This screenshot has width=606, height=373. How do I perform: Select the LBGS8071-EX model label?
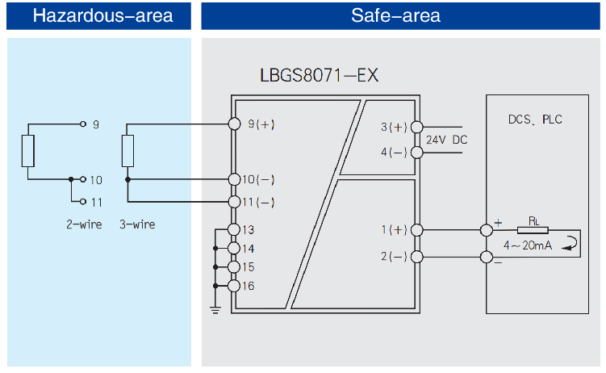click(x=319, y=76)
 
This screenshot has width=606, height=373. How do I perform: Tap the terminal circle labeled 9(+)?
click(x=235, y=124)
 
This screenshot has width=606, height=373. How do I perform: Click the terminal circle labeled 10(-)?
click(x=235, y=179)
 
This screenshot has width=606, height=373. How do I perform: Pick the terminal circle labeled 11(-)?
click(x=235, y=201)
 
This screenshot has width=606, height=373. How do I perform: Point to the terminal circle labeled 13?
click(x=235, y=230)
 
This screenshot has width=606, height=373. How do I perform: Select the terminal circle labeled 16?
click(x=235, y=285)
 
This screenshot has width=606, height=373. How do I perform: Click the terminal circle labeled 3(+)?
click(x=416, y=127)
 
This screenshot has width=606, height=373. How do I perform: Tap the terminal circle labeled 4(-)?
click(x=416, y=151)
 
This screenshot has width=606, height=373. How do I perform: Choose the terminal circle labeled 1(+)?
click(x=416, y=230)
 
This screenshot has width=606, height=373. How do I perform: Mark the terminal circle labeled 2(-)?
click(x=416, y=257)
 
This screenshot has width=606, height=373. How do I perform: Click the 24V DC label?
click(x=446, y=140)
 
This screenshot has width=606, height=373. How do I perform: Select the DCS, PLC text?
click(x=535, y=119)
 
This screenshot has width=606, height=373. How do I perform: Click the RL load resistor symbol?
click(x=533, y=231)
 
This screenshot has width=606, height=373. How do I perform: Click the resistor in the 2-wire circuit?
click(x=28, y=151)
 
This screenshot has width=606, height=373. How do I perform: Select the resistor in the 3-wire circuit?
click(x=127, y=151)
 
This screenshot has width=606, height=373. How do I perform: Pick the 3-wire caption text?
click(x=136, y=224)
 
